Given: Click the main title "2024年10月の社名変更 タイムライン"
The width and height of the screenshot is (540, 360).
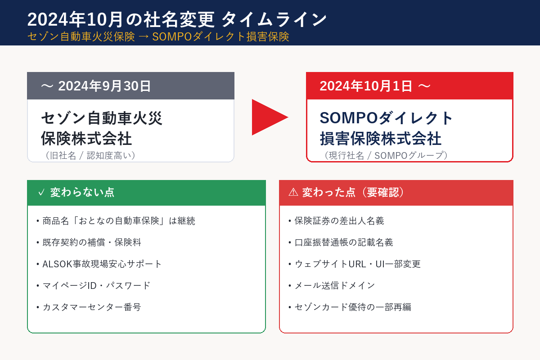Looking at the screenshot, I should click(x=176, y=20).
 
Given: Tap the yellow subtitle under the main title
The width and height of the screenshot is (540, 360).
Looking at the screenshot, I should click(x=157, y=37).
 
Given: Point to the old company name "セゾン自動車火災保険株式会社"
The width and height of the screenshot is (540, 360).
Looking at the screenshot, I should click(x=101, y=128).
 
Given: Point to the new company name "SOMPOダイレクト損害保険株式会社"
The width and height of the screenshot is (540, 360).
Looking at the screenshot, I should click(x=386, y=128).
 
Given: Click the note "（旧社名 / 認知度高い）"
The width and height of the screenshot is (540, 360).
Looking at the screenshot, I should click(x=90, y=155).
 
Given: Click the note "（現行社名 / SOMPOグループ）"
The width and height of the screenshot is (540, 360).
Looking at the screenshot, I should click(x=386, y=155).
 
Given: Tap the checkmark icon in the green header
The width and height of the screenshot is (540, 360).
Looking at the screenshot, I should click(x=41, y=193).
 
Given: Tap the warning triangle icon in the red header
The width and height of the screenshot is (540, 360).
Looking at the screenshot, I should click(x=293, y=193).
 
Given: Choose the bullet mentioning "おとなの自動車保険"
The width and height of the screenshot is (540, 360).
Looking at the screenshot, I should click(x=118, y=221).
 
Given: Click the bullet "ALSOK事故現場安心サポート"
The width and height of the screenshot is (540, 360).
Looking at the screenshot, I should click(x=102, y=264).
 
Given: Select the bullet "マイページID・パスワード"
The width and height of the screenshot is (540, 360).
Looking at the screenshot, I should click(x=96, y=286).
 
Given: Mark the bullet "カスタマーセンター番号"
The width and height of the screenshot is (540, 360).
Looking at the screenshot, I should click(x=91, y=307).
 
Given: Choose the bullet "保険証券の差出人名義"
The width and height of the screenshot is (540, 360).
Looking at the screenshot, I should click(x=339, y=221).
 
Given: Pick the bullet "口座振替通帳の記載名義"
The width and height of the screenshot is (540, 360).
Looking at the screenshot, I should click(x=343, y=243).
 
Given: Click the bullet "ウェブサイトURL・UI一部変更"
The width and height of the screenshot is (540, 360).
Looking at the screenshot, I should click(x=357, y=264).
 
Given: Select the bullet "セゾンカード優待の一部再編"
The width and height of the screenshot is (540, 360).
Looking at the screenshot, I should click(x=352, y=307).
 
